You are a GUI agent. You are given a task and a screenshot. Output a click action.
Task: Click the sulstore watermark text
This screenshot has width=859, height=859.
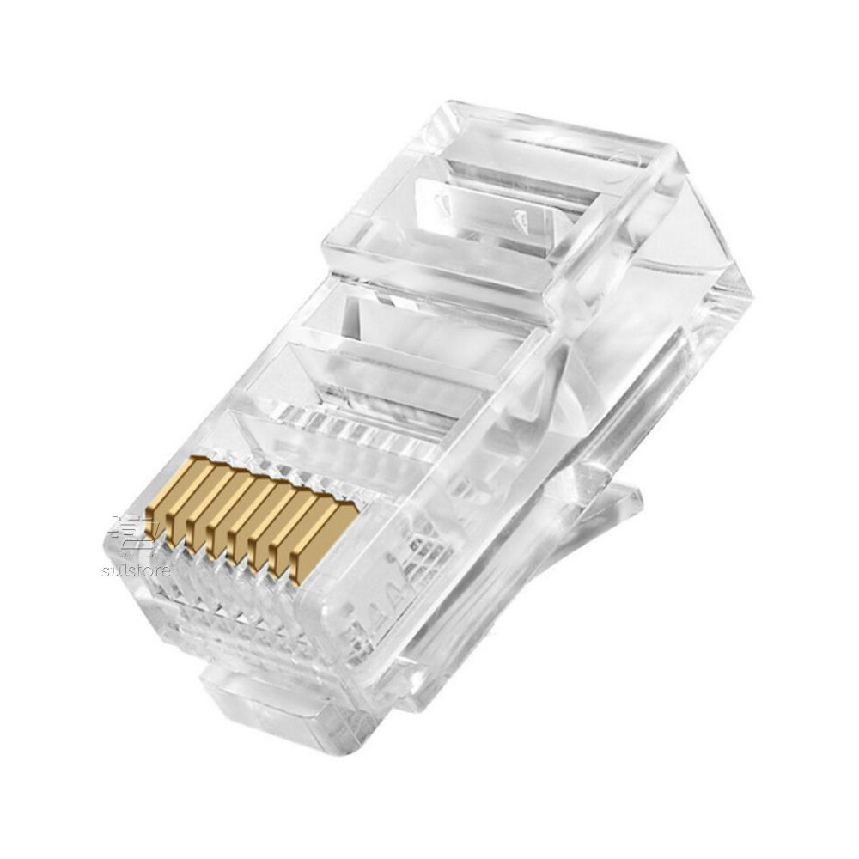point(136,570)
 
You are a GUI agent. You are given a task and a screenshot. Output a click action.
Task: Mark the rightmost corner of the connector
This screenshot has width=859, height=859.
point(749,296)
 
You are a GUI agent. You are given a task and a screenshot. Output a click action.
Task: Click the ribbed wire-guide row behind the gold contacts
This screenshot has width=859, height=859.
point(361,429)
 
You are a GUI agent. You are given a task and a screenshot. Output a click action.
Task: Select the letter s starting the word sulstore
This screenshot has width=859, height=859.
point(105,570)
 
